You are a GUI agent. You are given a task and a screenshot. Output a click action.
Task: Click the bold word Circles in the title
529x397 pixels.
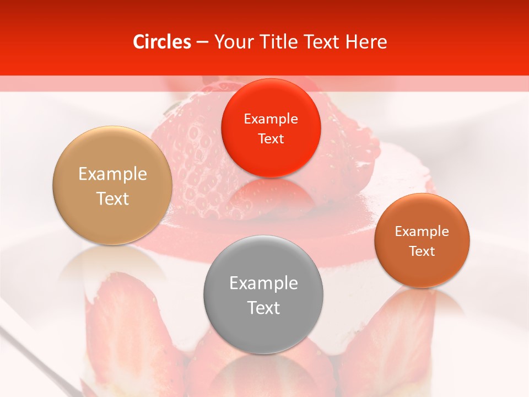click(x=162, y=41)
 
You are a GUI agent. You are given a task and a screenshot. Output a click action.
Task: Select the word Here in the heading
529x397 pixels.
click(x=367, y=41)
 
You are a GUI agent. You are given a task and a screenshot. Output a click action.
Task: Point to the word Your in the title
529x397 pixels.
click(x=232, y=41)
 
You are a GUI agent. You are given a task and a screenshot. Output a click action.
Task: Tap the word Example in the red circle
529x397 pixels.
click(x=271, y=119)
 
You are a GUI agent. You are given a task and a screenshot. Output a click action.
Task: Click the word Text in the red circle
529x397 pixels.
click(x=271, y=138)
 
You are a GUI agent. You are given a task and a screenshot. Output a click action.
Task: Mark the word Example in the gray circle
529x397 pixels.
click(x=263, y=283)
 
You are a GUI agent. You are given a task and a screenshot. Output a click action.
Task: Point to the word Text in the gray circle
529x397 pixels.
click(x=263, y=308)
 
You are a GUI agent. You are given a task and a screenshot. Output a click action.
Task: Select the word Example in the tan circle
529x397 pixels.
click(x=112, y=174)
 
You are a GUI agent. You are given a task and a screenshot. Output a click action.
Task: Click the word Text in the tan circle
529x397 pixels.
click(x=112, y=198)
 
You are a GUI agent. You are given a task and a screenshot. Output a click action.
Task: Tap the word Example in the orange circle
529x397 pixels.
click(x=422, y=231)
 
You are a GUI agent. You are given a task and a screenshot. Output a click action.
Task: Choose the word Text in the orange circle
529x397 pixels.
click(x=422, y=251)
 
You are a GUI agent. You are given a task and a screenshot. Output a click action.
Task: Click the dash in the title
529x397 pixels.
click(x=202, y=42)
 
